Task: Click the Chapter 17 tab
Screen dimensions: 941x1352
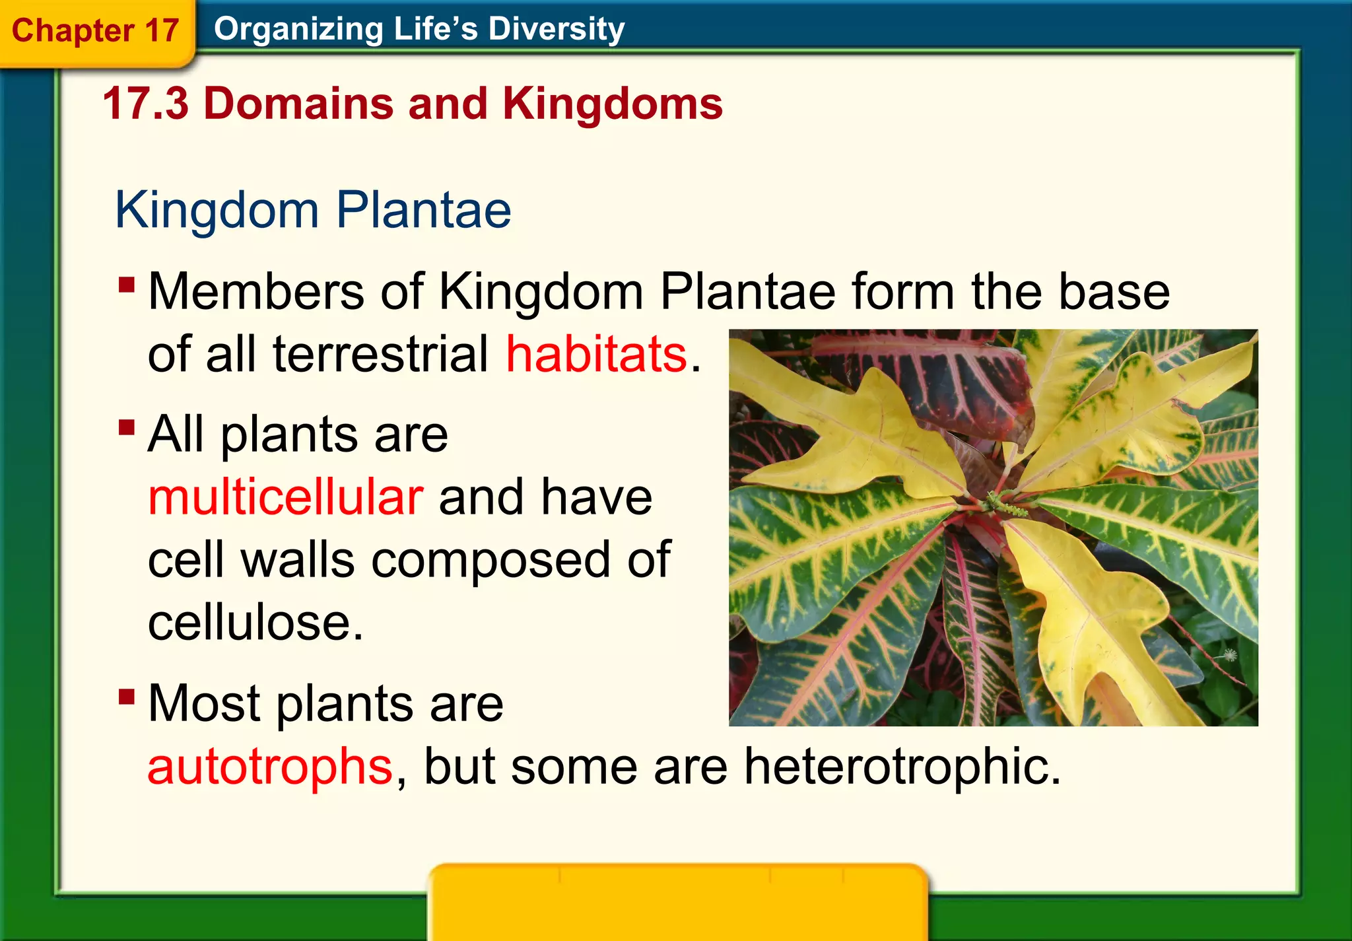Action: coord(95,31)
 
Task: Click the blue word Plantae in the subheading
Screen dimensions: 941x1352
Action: coord(423,210)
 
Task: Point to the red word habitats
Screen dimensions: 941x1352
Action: coord(597,354)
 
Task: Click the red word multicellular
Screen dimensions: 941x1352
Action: coord(285,497)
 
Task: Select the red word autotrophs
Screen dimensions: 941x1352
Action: coord(271,766)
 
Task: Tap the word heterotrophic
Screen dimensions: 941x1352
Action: coord(902,766)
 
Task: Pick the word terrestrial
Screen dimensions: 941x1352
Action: coord(380,354)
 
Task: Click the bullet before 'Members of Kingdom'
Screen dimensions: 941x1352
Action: coord(127,285)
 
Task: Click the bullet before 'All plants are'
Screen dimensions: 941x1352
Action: coord(127,428)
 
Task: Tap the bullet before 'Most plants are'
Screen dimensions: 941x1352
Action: coord(127,697)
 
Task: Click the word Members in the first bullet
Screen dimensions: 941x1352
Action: coord(255,291)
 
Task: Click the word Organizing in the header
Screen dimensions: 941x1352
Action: coord(298,29)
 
